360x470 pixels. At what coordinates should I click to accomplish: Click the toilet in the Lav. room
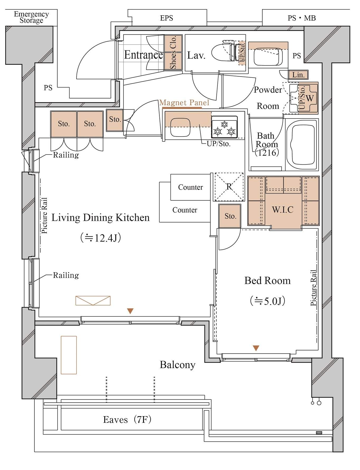tap(223, 52)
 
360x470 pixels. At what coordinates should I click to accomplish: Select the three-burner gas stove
tap(224, 127)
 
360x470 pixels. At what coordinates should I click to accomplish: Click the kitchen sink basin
tap(181, 128)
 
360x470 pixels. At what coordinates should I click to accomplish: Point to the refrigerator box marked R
tap(229, 187)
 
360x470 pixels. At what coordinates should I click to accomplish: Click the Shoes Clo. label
tap(173, 52)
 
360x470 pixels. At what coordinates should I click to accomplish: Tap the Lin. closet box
tap(298, 75)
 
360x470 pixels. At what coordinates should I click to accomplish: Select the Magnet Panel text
tap(184, 103)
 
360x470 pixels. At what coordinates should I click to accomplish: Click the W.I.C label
tap(283, 210)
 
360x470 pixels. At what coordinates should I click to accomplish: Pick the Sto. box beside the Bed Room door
tap(230, 216)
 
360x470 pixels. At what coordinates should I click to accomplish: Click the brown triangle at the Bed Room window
tap(256, 348)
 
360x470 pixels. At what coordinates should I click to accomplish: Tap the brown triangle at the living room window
tap(130, 311)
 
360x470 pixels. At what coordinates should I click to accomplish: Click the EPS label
tap(167, 18)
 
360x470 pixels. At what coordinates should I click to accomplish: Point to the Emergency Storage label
tap(31, 17)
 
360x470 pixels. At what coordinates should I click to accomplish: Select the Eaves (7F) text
tap(127, 420)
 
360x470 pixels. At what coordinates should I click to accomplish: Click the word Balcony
tap(178, 365)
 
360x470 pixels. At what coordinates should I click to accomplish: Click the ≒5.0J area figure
tap(268, 301)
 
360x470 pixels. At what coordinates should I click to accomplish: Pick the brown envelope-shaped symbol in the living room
tap(93, 300)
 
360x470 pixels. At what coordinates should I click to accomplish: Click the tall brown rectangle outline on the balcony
tap(69, 355)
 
